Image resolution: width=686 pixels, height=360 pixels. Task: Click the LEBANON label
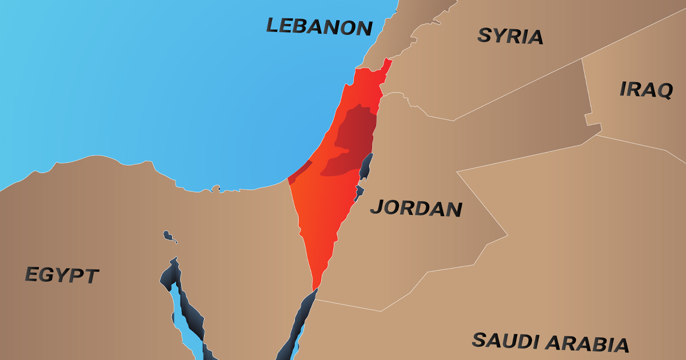pos(319,26)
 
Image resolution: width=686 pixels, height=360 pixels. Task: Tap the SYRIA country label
pos(510,36)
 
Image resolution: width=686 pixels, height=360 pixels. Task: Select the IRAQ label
pos(646,90)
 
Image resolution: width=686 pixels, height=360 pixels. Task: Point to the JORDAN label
pos(416,208)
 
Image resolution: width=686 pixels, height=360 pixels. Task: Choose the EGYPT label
pos(62,275)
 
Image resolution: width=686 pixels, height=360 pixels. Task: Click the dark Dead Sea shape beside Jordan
pos(366,166)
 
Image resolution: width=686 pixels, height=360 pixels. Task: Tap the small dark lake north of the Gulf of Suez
pos(168,235)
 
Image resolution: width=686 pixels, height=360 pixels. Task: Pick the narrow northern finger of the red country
pos(387,66)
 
